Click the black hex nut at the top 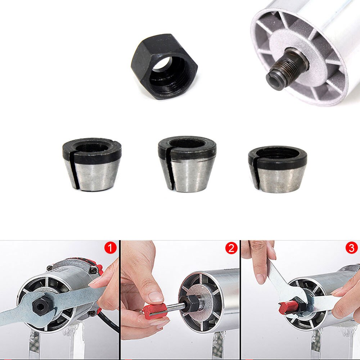164,67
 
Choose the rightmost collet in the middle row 278,168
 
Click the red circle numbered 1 110,248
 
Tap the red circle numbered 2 231,248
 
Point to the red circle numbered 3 351,248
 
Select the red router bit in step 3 288,307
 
